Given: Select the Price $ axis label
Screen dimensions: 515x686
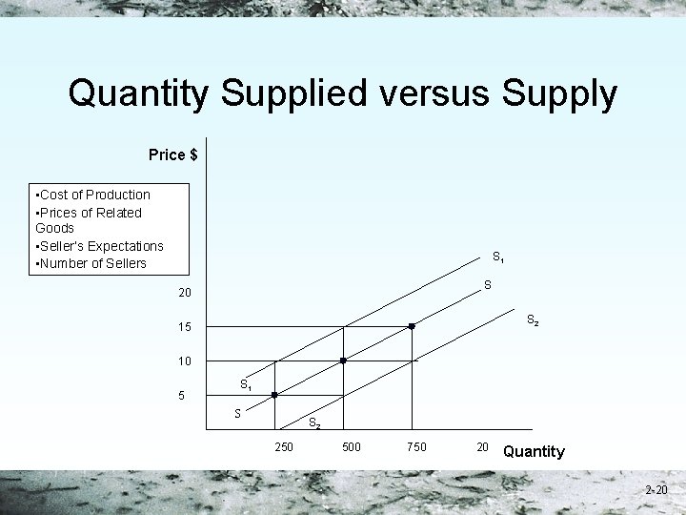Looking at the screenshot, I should point(172,154).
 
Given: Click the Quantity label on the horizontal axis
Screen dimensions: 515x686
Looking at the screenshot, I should point(534,451).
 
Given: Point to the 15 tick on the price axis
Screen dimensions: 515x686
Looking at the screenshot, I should point(184,327).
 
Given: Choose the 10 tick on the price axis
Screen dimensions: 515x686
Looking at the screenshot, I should point(184,361).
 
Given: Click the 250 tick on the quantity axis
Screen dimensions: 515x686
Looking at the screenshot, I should point(283,446).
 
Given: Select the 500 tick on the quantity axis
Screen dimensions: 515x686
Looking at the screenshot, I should point(351,446).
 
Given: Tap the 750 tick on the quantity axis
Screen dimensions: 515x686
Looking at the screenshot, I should point(416,446).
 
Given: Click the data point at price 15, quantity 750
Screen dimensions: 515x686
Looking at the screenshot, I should point(412,327).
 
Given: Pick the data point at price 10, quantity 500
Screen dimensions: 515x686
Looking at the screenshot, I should point(343,360).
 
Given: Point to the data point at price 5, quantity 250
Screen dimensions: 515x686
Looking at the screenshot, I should point(274,395).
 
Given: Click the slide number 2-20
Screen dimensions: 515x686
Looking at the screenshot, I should point(656,490).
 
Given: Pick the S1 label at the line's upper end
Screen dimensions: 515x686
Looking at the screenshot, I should point(498,257).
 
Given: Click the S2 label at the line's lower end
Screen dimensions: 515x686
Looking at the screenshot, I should point(313,422).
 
